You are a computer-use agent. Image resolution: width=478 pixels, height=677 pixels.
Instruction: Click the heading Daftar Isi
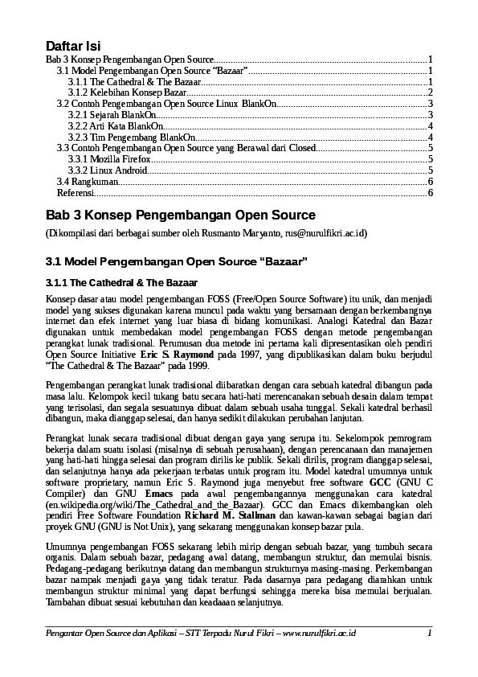point(72,45)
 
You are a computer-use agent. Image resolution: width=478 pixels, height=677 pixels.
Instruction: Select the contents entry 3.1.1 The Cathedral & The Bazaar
point(134,82)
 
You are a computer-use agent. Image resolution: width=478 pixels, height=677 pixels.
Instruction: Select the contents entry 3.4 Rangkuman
point(84,182)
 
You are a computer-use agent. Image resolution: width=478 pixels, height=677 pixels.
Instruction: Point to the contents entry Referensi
point(75,193)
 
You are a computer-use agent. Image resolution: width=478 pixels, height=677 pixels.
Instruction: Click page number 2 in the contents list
point(431,93)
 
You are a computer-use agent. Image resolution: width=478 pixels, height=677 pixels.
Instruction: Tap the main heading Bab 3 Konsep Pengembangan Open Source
point(181,215)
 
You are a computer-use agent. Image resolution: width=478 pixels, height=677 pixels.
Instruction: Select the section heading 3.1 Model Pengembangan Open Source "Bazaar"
point(177,262)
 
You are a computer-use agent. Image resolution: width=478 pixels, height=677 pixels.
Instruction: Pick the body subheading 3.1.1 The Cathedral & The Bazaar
point(110,283)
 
